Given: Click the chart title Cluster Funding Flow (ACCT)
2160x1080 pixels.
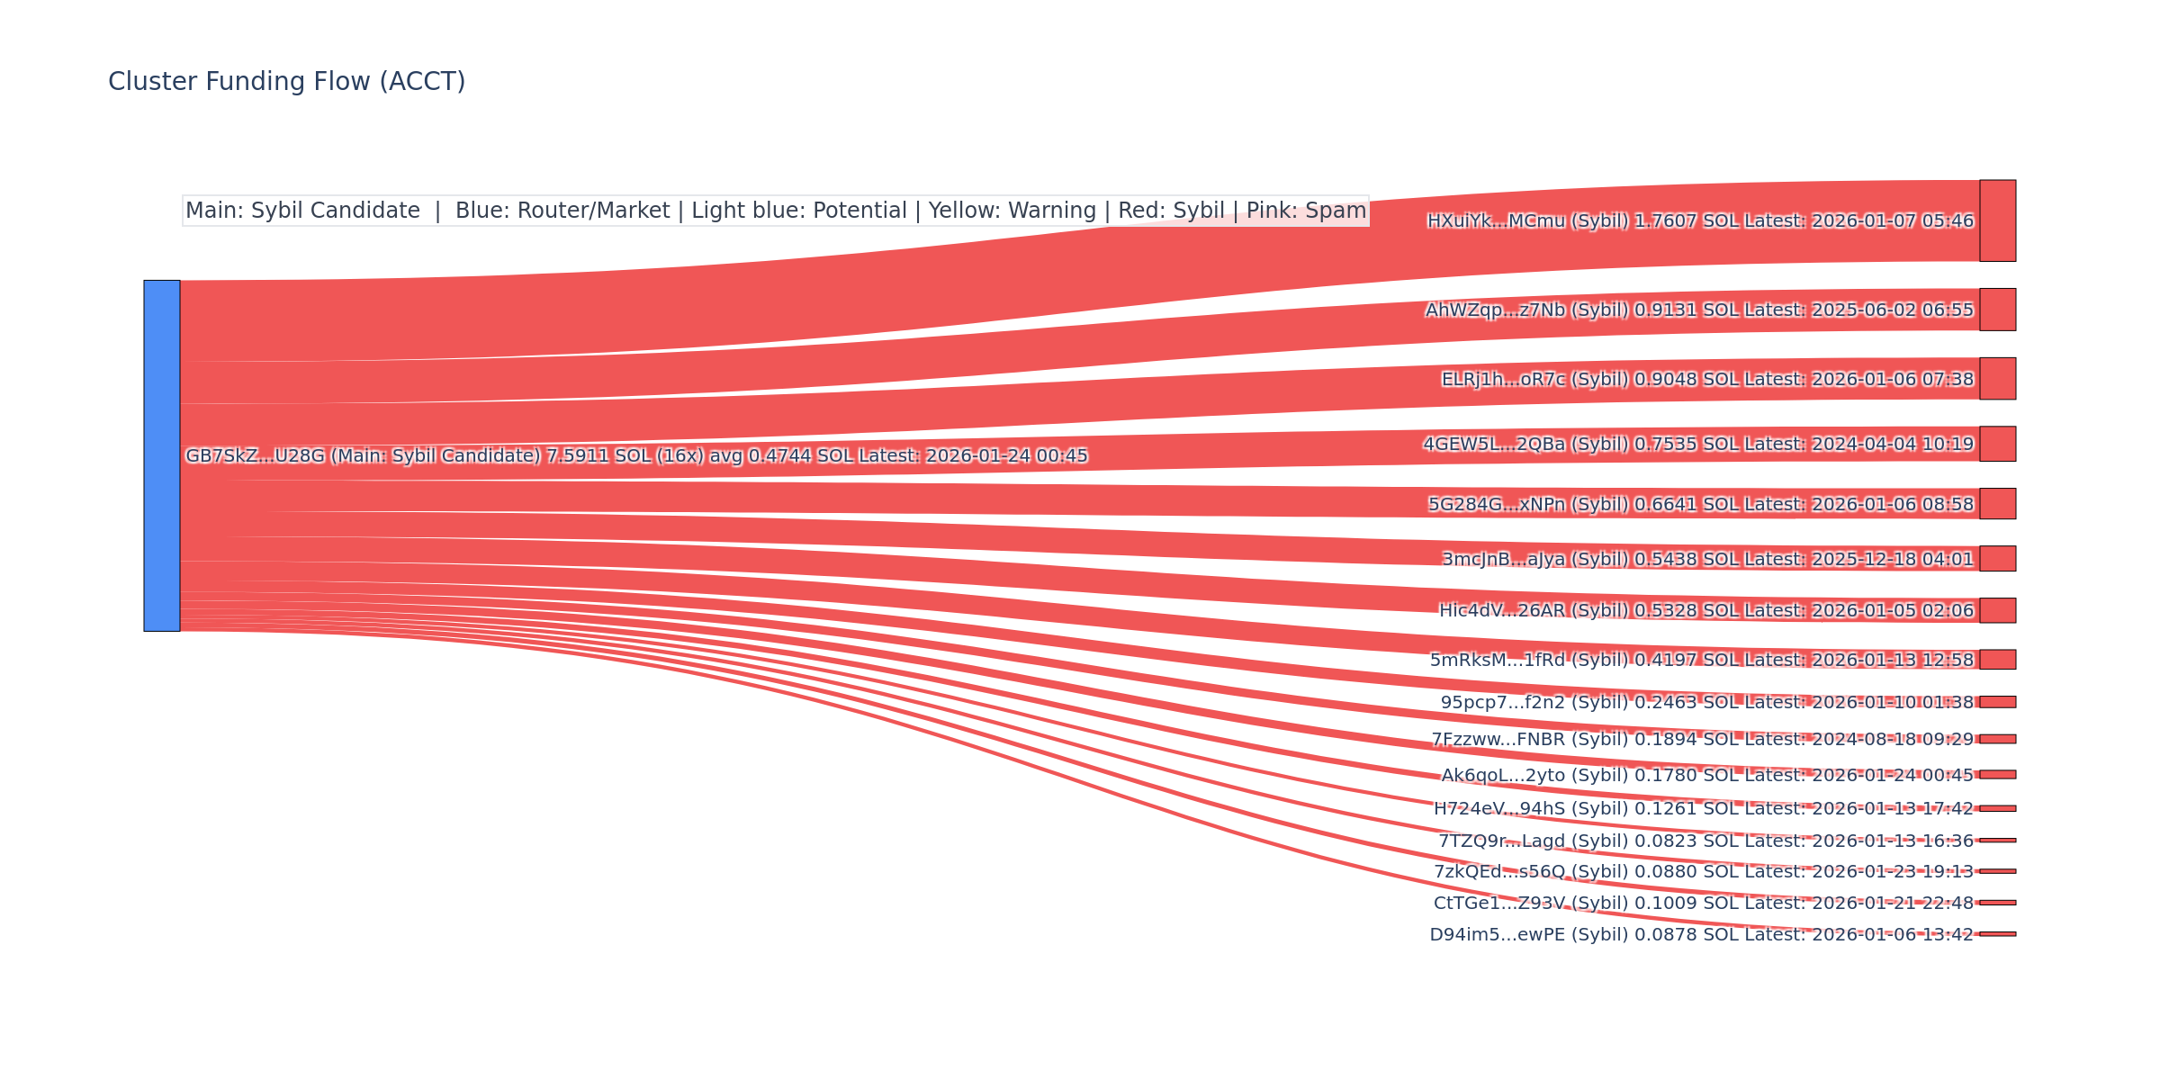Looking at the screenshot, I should coord(286,82).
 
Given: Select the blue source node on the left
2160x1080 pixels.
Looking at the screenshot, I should coord(162,455).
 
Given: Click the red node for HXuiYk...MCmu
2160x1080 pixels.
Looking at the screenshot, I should coord(1997,220).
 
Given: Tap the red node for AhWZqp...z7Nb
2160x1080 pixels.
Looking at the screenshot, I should coord(1997,310).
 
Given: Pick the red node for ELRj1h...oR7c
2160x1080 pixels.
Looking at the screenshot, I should coord(1997,378).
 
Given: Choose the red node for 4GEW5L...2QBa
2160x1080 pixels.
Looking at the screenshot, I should coord(1997,444).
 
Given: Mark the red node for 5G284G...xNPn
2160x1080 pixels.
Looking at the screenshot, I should coord(1997,504).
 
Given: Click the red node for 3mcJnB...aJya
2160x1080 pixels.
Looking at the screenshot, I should coord(1997,559).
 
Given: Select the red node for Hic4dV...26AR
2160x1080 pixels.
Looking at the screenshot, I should coord(1997,610).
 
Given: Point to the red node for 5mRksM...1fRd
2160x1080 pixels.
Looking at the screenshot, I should coord(1997,660).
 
